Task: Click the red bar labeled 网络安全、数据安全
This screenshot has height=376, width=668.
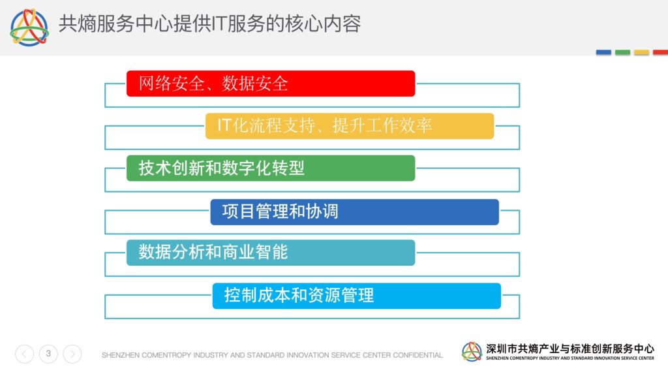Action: click(x=271, y=84)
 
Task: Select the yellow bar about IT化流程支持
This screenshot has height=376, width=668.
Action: click(x=350, y=126)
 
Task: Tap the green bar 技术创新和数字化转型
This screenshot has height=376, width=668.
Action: click(x=271, y=168)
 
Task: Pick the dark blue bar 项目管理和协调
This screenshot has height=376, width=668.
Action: click(x=354, y=212)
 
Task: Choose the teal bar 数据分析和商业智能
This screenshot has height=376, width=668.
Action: click(x=271, y=253)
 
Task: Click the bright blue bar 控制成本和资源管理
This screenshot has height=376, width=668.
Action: click(x=357, y=296)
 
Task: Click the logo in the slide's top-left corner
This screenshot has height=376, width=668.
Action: click(x=29, y=27)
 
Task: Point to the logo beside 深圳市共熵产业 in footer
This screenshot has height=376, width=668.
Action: click(x=472, y=352)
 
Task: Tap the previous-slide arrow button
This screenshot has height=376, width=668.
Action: click(x=24, y=354)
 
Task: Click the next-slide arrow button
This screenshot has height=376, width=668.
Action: click(x=72, y=354)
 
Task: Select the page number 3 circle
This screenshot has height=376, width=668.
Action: click(x=48, y=354)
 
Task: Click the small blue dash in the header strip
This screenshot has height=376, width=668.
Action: click(x=603, y=52)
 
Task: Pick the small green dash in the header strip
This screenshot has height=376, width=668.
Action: click(x=622, y=52)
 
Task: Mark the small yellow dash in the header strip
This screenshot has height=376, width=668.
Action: click(x=642, y=52)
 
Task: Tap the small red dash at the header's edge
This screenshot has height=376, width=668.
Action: click(x=660, y=52)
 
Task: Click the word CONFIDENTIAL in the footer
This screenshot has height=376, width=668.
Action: click(x=417, y=355)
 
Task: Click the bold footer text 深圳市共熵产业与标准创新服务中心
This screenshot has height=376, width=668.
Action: click(x=570, y=349)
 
